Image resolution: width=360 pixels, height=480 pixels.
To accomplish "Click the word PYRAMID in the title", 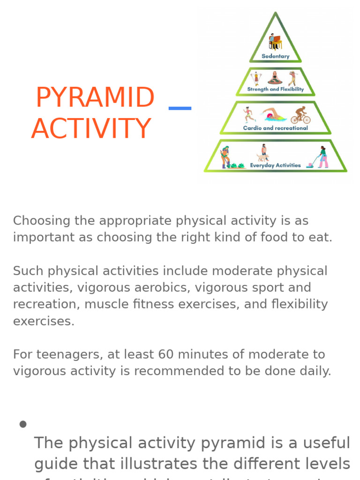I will tap(95, 97).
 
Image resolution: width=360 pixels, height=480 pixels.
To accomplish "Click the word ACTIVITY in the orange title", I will tap(91, 129).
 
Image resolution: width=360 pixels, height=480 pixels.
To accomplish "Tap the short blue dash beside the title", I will tap(180, 108).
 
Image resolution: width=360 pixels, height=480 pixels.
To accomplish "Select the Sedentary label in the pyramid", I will tap(275, 56).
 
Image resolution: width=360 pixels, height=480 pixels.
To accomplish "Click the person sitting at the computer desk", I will tap(275, 42).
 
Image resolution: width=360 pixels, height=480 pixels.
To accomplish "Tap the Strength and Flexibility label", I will tap(275, 89).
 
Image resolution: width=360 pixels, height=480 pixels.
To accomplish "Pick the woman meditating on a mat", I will tap(275, 78).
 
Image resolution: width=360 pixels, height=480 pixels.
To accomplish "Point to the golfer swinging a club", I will tap(292, 78).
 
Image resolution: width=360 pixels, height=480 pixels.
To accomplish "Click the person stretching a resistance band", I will tap(256, 78).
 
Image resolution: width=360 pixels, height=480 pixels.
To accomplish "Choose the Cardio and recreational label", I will tap(275, 128).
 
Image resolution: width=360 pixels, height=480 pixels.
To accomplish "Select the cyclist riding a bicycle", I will tap(300, 115).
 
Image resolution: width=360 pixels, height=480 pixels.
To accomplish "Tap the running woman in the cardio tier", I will tap(249, 115).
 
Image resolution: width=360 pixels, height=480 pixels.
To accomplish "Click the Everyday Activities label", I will tap(275, 165).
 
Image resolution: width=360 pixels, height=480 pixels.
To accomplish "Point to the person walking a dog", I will tap(263, 153).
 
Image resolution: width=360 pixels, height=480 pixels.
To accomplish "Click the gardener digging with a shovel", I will tap(225, 157).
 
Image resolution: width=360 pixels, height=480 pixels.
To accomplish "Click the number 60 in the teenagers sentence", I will tap(166, 354).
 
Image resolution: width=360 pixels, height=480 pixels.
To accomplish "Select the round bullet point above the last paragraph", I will tap(22, 424).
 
